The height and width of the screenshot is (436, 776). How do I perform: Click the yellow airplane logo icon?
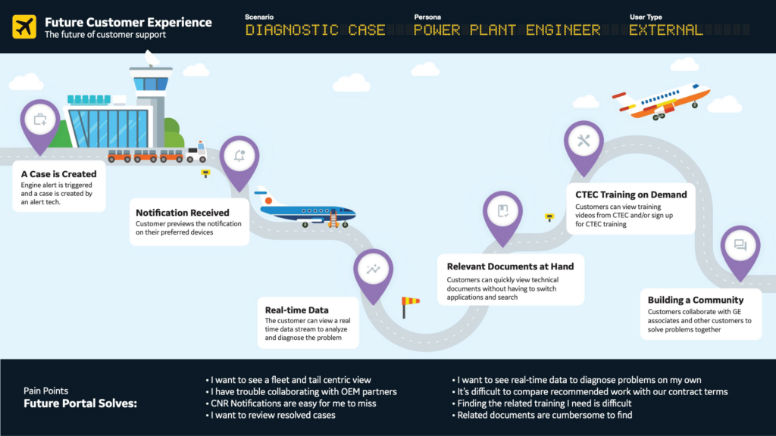point(24,27)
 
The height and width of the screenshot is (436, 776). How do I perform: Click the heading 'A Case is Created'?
point(59,174)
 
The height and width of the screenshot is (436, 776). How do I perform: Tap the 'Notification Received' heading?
point(182,213)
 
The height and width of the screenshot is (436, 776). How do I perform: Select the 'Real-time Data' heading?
point(296,310)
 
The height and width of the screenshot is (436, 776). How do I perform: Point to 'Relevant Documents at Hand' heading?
point(510,266)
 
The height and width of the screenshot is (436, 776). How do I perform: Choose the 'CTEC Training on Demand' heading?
point(630,195)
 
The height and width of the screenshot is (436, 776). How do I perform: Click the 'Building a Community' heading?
point(695,300)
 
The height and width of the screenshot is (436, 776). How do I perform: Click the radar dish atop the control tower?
point(151,58)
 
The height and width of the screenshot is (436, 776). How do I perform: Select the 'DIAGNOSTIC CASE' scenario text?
point(315,30)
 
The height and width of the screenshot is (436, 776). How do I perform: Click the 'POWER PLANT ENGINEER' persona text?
point(507,30)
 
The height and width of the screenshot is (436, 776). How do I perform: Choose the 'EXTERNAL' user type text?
point(665,30)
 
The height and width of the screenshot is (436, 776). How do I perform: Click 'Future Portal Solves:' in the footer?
point(80,404)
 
